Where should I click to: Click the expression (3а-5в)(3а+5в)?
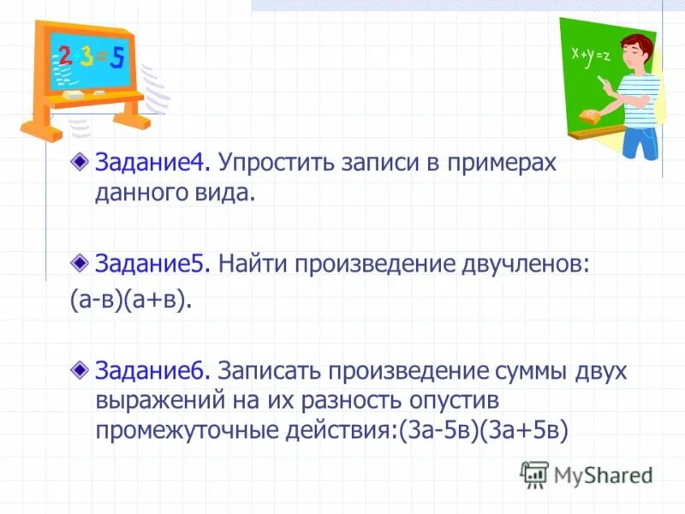tap(483, 429)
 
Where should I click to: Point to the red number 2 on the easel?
tap(65, 55)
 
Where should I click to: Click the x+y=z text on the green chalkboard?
tap(591, 54)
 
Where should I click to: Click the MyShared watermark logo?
tap(587, 474)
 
